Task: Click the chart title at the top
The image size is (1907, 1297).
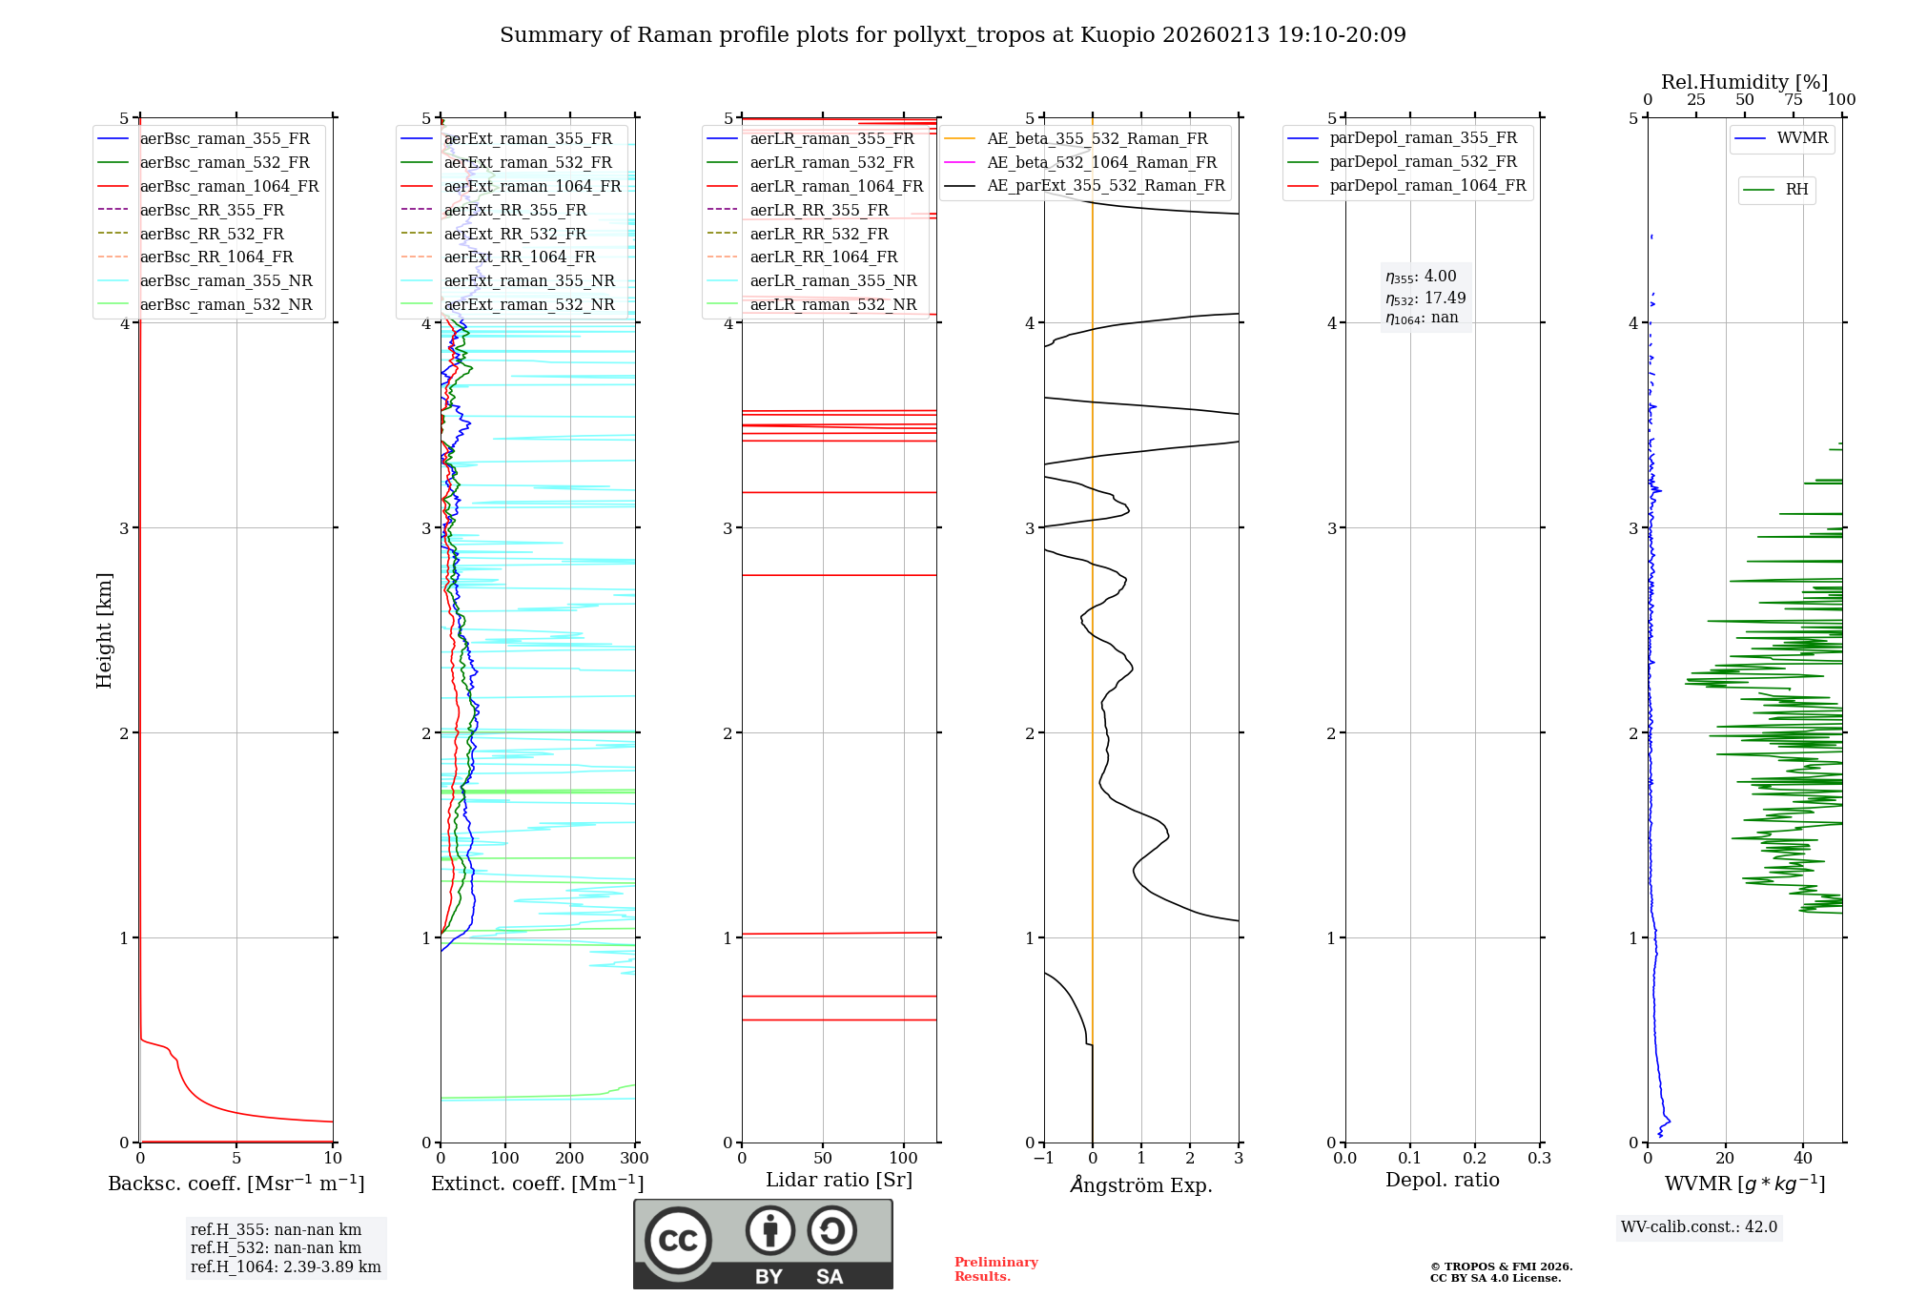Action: click(953, 35)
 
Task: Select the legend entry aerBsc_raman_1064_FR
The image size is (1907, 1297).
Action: click(229, 186)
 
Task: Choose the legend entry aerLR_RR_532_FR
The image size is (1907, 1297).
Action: click(818, 234)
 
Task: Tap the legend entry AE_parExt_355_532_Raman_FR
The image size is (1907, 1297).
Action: click(1105, 185)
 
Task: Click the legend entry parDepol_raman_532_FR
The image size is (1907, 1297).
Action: click(1423, 162)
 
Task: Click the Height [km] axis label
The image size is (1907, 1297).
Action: click(104, 630)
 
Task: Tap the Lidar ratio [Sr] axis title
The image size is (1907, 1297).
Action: click(839, 1180)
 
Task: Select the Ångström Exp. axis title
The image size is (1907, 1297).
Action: click(1141, 1184)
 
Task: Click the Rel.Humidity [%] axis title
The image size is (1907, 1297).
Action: click(1744, 82)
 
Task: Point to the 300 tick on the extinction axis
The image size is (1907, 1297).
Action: click(634, 1159)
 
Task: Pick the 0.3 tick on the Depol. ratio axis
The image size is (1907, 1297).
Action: click(1539, 1159)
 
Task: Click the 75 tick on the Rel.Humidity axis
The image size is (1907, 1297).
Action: click(1794, 100)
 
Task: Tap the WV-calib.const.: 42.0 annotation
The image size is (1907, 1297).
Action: click(1699, 1226)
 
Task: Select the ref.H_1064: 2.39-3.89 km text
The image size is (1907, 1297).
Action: click(285, 1266)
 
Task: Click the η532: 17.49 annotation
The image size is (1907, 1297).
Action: click(1425, 299)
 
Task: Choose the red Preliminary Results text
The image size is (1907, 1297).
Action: click(995, 1269)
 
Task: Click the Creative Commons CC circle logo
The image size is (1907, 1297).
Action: click(678, 1241)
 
